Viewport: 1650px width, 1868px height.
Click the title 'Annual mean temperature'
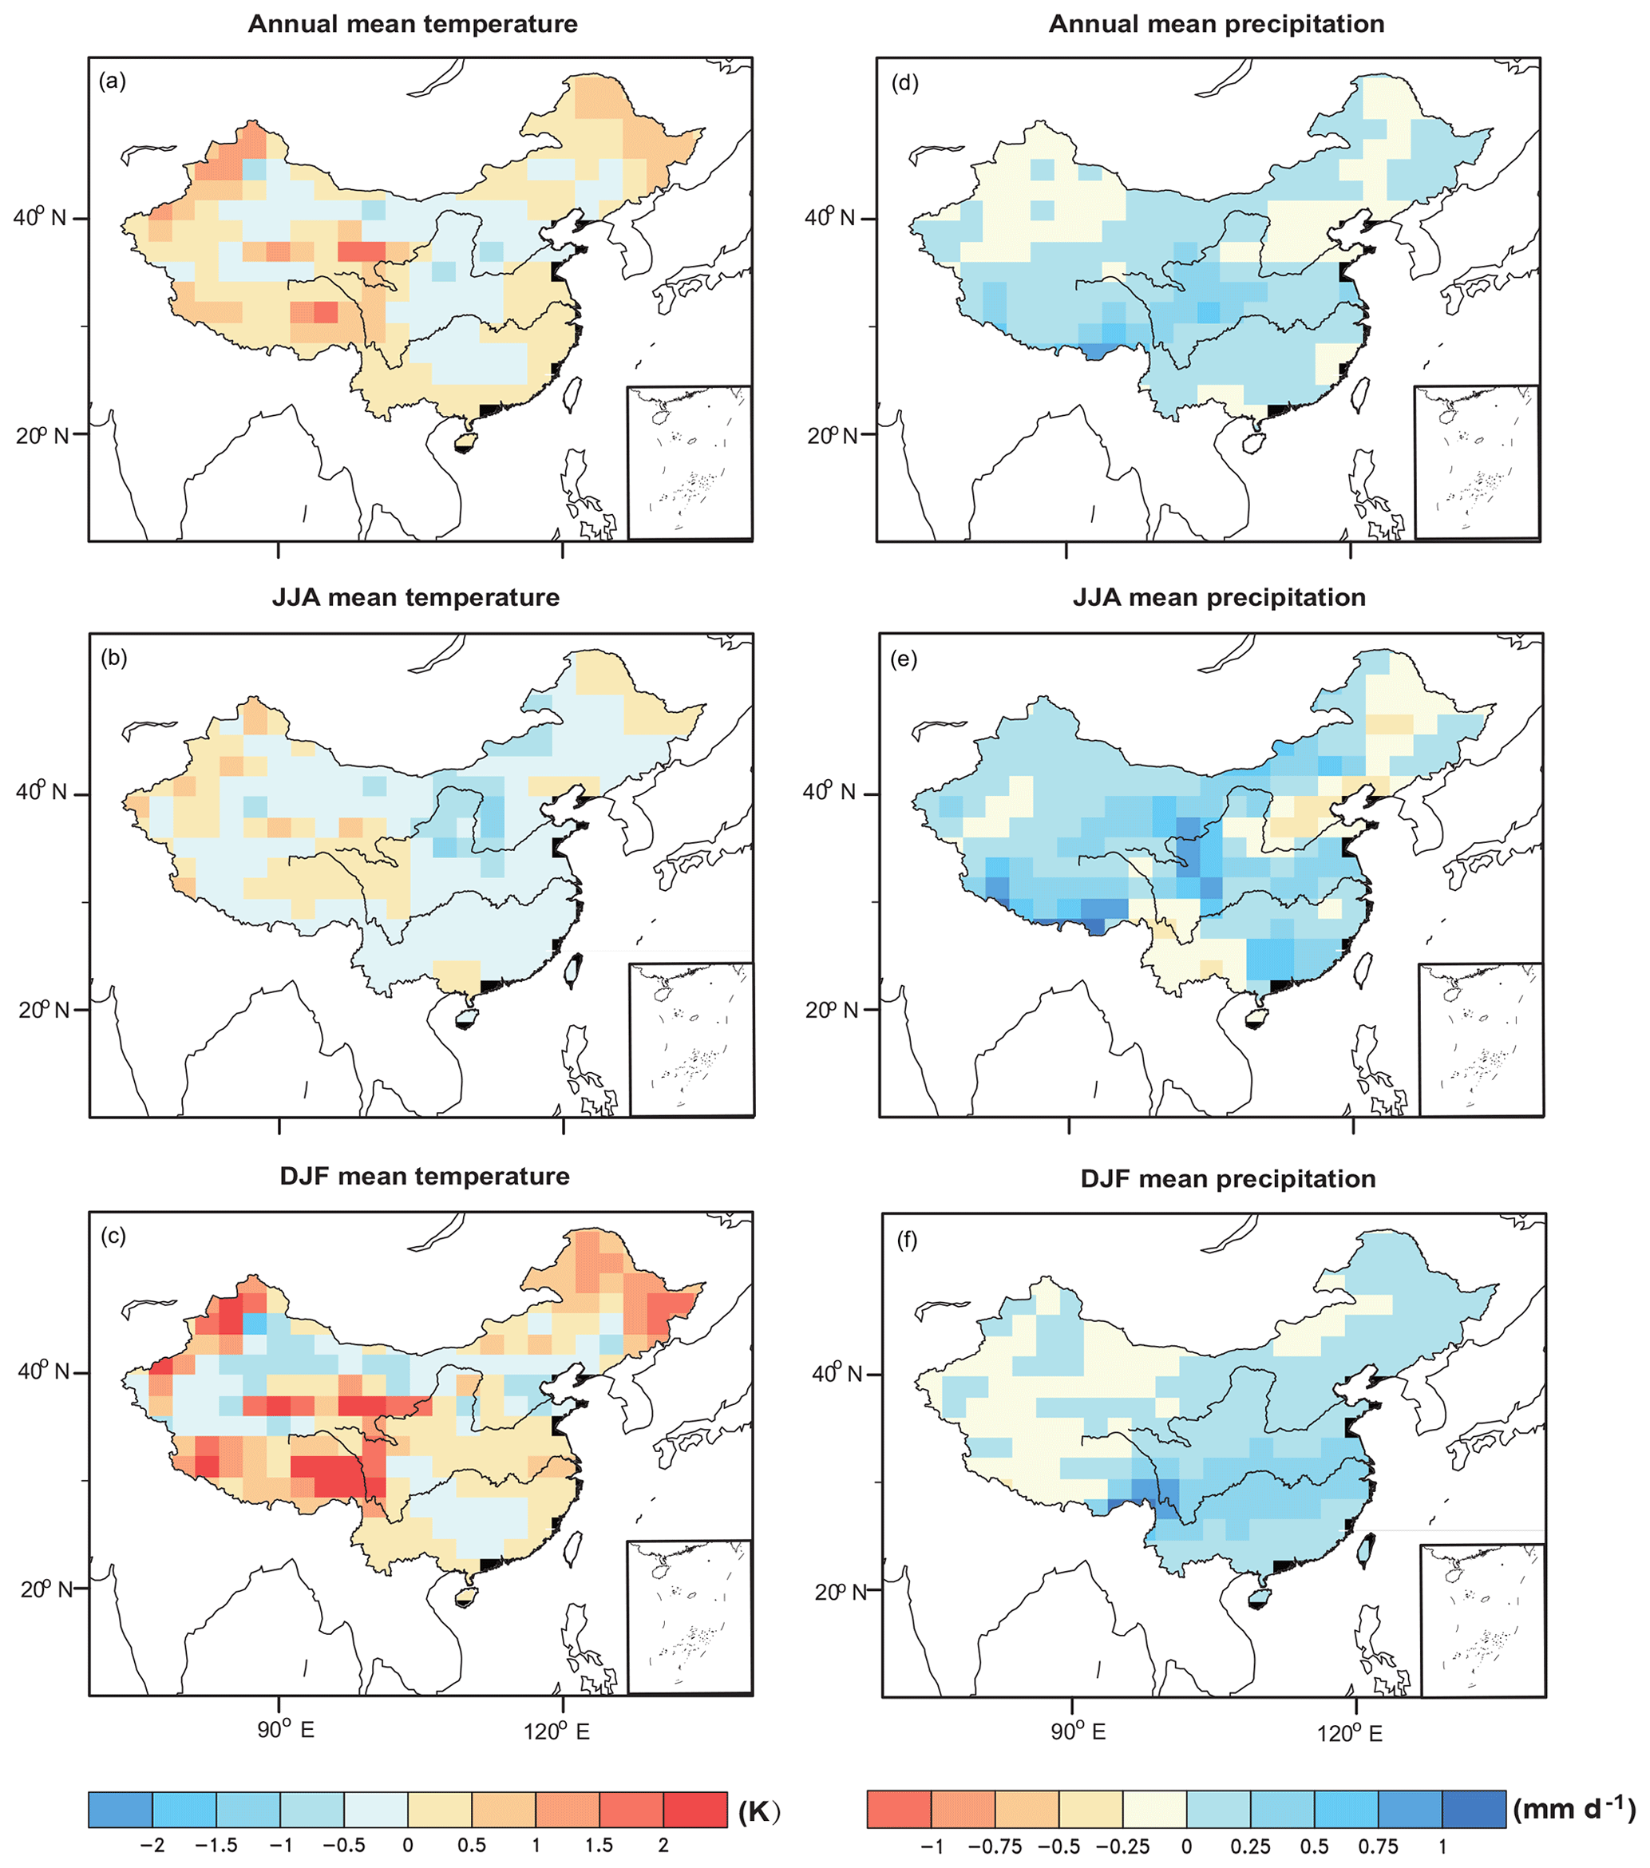(413, 24)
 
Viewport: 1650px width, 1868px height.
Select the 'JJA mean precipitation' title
(1219, 598)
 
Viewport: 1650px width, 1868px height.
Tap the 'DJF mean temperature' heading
(425, 1176)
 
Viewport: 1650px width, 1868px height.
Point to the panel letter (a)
(112, 81)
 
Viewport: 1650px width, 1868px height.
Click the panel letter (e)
(904, 659)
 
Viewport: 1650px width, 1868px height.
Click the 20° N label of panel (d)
(832, 435)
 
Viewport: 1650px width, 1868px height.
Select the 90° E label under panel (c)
(286, 1730)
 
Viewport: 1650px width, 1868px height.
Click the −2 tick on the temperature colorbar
(152, 1845)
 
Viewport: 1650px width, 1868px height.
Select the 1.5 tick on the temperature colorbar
(599, 1845)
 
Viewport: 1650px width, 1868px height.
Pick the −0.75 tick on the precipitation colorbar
(995, 1846)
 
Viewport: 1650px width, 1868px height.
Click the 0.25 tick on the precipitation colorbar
(1250, 1846)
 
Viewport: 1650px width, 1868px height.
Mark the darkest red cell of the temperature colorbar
(695, 1810)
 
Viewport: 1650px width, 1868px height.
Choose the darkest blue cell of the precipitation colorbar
(1473, 1810)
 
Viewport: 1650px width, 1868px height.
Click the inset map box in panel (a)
(690, 462)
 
